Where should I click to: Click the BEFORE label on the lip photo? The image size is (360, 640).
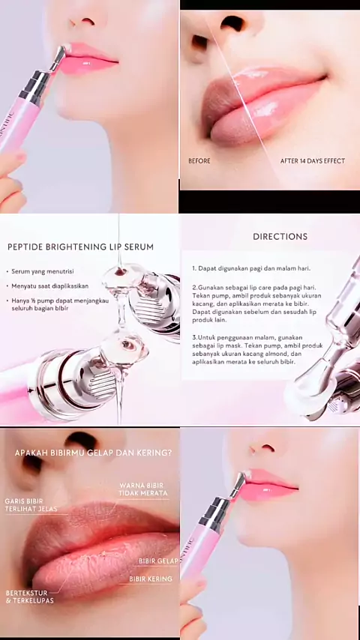point(199,161)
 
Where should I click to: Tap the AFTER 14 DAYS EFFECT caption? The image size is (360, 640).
point(313,161)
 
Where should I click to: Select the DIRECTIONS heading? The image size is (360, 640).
point(280,236)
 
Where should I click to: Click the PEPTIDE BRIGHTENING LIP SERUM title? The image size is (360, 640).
point(80,247)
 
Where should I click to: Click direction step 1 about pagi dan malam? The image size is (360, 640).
point(251,268)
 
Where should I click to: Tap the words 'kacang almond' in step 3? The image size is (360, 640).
point(284,354)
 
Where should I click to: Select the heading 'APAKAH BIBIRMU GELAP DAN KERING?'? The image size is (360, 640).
point(93,453)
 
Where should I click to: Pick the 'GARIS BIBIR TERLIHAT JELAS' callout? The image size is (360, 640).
point(31,505)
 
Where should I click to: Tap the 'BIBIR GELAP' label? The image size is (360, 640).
point(158,561)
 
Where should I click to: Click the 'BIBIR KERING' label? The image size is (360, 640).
point(151,579)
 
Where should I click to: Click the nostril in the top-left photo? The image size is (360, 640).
point(88,20)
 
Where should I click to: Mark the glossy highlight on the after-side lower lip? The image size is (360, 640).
point(268,110)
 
